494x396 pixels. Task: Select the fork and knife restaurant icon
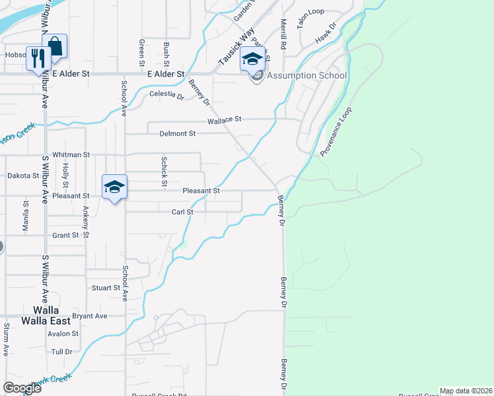point(37,57)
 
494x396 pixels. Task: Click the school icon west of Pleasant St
point(114,187)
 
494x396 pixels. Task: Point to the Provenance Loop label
point(337,131)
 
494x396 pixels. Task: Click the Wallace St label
point(225,120)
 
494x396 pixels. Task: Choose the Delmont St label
point(178,133)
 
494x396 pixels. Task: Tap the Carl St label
point(182,212)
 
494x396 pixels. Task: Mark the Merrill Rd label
point(282,34)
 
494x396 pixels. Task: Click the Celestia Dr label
point(166,94)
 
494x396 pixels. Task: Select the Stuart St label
point(106,288)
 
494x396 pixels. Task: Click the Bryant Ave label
point(90,316)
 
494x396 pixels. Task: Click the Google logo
point(22,387)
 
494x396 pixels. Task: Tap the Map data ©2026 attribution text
point(466,391)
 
